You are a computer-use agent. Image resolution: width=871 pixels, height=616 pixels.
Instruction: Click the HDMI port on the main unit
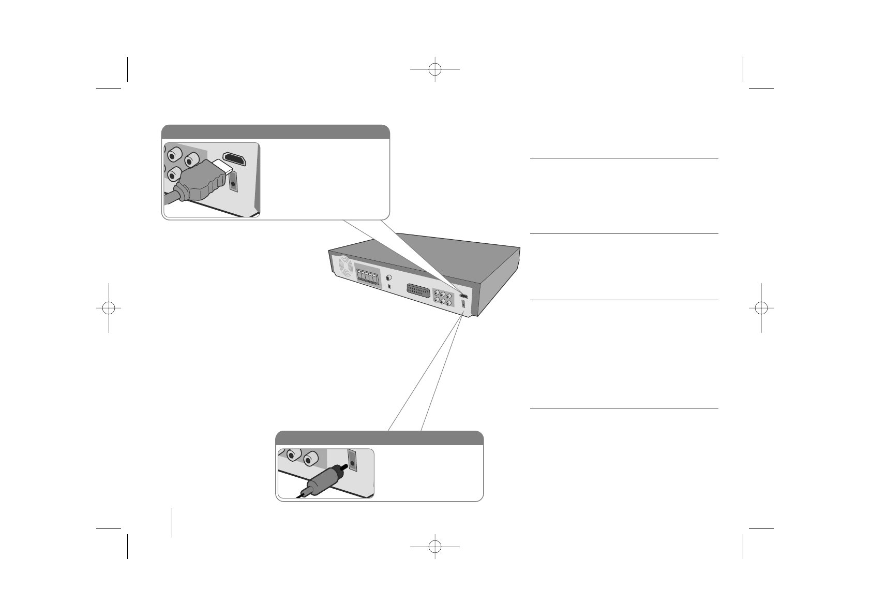(x=464, y=297)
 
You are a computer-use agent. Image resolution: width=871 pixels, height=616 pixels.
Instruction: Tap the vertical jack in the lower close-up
(x=352, y=459)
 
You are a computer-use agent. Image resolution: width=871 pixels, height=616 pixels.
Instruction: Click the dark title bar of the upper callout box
(x=275, y=131)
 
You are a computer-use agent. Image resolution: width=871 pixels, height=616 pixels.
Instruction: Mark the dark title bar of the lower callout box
(x=379, y=438)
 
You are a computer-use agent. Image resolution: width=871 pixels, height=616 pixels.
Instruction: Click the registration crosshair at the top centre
(x=435, y=69)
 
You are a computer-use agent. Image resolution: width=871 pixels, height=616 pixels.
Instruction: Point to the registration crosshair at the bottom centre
(x=435, y=547)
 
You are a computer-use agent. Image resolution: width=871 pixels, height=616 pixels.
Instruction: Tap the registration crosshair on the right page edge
(x=761, y=307)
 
